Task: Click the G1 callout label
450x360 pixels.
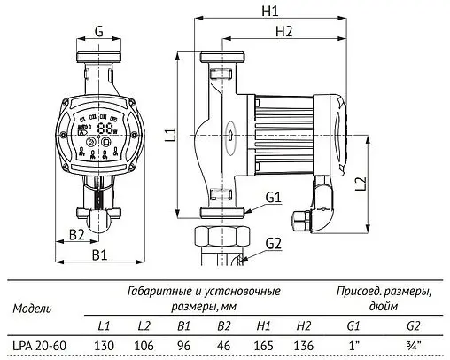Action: click(x=272, y=197)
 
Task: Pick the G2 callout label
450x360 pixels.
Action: click(x=272, y=242)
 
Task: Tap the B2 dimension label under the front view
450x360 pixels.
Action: click(x=76, y=234)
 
